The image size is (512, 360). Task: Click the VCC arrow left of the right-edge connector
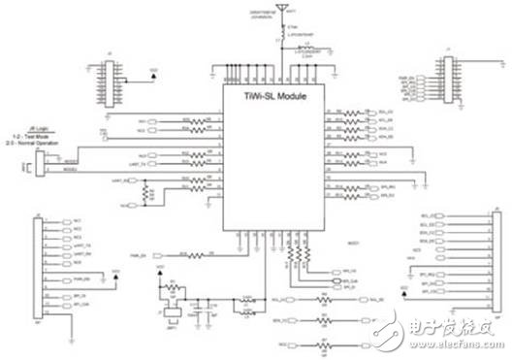403,289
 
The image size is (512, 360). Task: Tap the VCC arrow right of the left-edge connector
116,276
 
